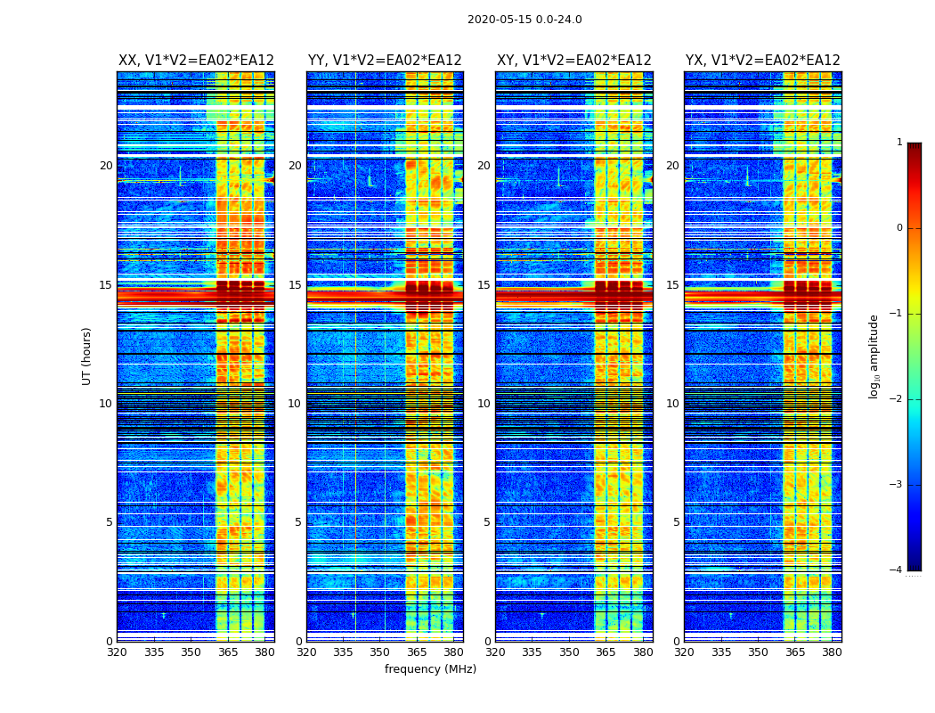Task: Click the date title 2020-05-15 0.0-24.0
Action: coord(524,20)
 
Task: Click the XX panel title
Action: coord(196,61)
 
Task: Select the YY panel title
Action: coord(385,61)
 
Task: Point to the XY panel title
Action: coord(573,61)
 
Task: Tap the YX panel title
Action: coord(762,61)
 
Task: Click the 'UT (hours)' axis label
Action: coord(86,356)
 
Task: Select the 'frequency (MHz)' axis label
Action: coord(430,669)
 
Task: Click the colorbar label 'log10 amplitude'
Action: coord(874,356)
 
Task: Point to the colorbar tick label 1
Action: coord(899,143)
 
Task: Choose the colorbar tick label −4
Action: coord(897,570)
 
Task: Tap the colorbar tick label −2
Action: coord(897,399)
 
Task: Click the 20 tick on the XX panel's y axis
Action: coord(106,166)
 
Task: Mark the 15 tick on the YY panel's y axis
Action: coord(295,285)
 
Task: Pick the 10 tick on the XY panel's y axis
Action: coord(484,404)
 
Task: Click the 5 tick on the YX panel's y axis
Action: coord(676,522)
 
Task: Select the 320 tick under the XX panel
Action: coord(117,652)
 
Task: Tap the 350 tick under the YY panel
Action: coord(380,652)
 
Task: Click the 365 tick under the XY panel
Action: coord(606,652)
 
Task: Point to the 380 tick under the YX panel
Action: coord(832,652)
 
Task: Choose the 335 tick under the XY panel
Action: coord(533,652)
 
